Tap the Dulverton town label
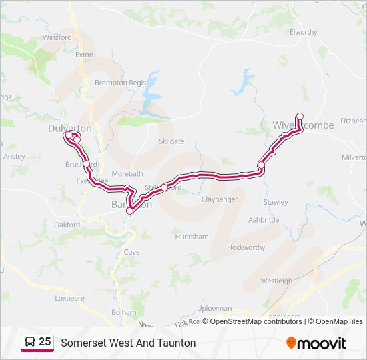(70, 129)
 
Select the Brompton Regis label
(120, 83)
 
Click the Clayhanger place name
(220, 199)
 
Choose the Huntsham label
(192, 237)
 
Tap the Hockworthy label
(246, 247)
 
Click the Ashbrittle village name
(264, 219)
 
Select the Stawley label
(276, 202)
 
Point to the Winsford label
(57, 37)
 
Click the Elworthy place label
(304, 32)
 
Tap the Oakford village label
(67, 225)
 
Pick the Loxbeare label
(70, 299)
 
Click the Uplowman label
(214, 309)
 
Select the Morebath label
(127, 173)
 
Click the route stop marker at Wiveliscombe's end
(300, 116)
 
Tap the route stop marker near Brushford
(86, 163)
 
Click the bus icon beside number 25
(30, 342)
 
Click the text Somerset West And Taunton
(128, 343)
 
